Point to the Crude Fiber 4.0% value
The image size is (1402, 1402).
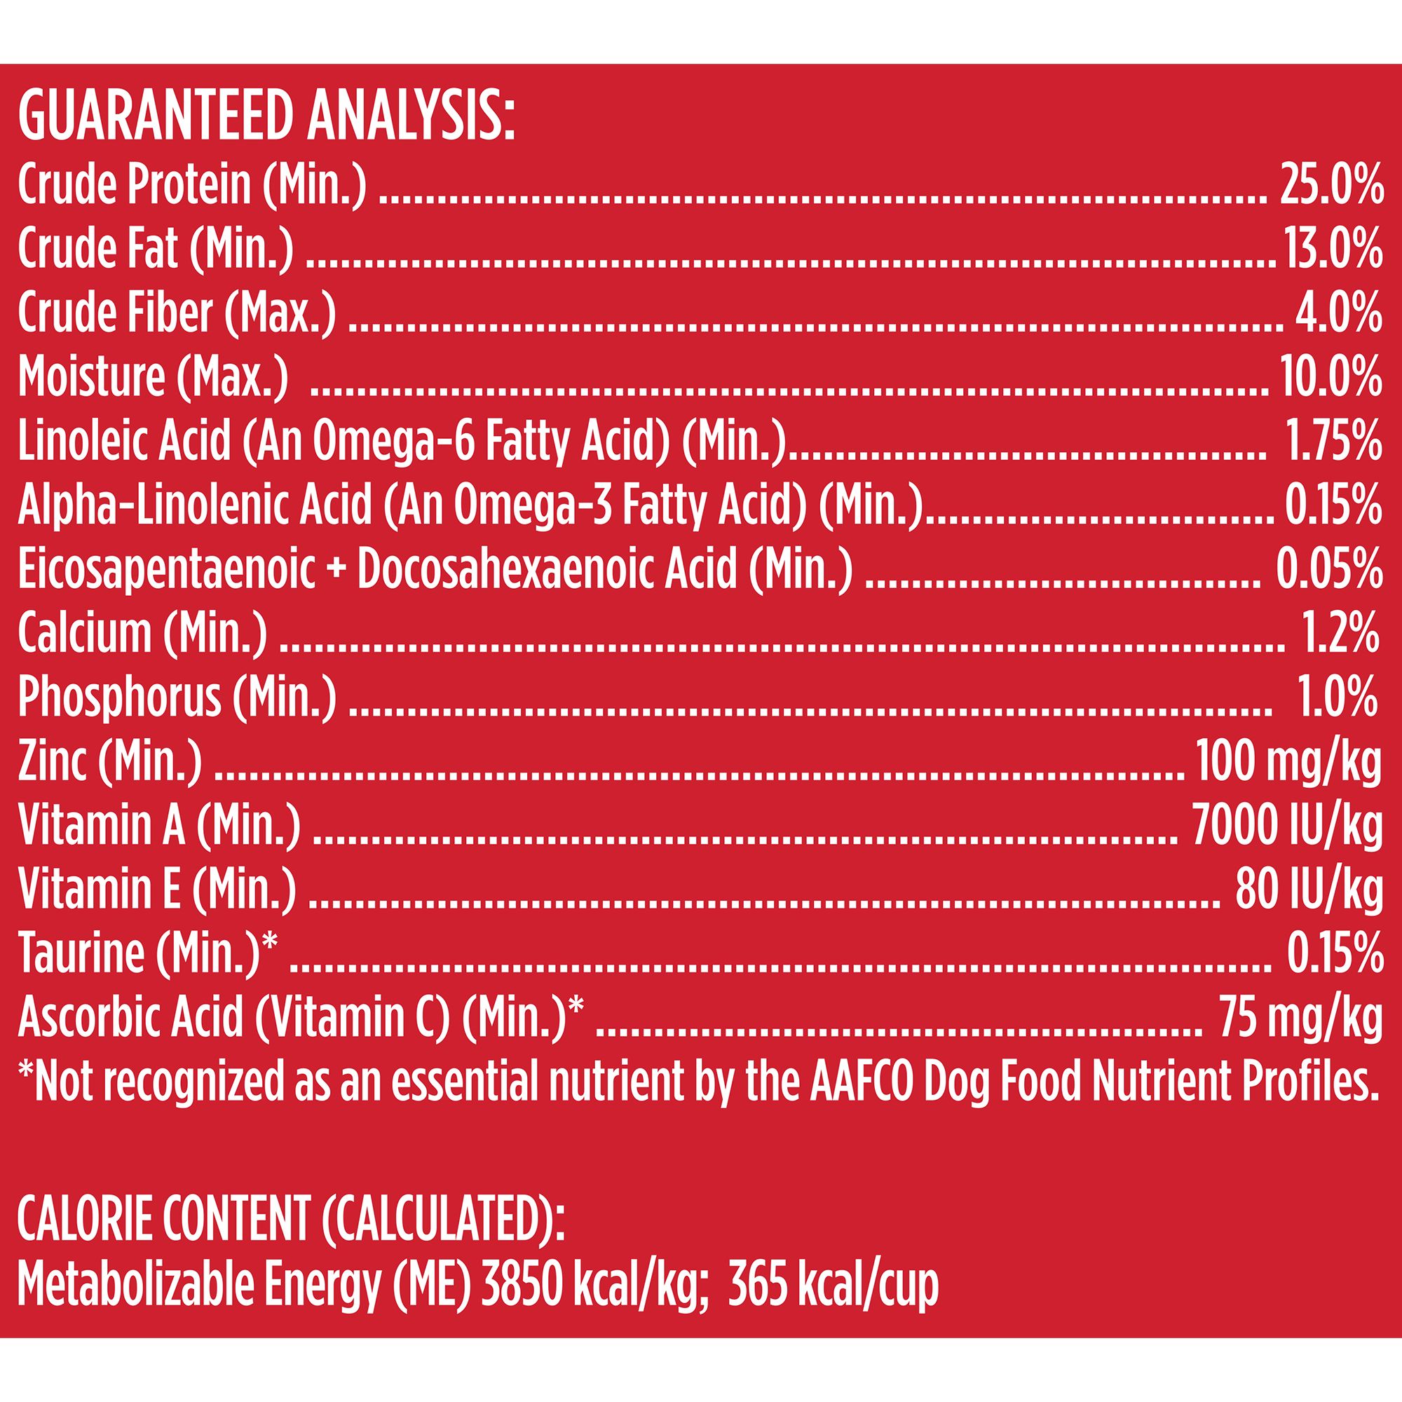pos(1338,313)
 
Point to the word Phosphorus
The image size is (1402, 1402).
pos(119,696)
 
